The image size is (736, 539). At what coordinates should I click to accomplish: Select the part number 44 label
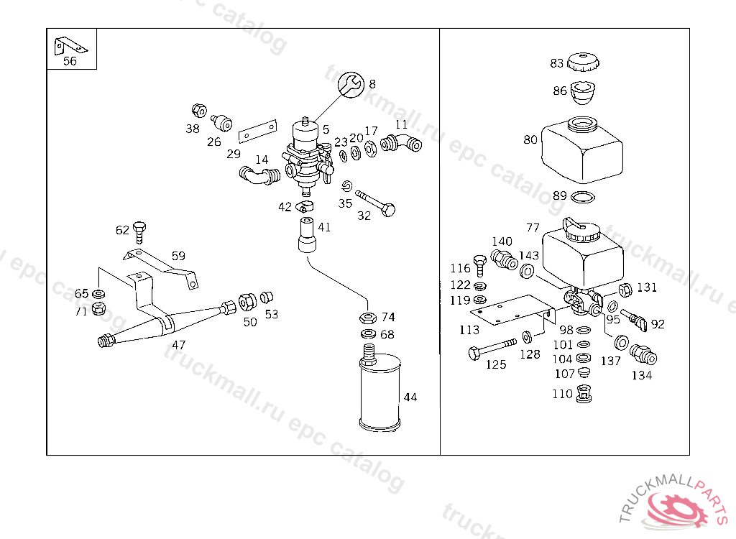pyautogui.click(x=410, y=397)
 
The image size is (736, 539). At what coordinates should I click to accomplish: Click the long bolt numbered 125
pyautogui.click(x=492, y=349)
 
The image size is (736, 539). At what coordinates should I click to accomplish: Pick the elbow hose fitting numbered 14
pyautogui.click(x=259, y=175)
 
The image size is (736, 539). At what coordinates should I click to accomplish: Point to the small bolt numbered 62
pyautogui.click(x=139, y=231)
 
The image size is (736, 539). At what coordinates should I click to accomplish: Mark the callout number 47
pyautogui.click(x=178, y=345)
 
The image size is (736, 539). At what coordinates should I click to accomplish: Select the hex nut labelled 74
pyautogui.click(x=367, y=318)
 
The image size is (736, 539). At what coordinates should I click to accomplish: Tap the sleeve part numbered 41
pyautogui.click(x=307, y=236)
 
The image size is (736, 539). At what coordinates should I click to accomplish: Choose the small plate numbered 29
pyautogui.click(x=257, y=132)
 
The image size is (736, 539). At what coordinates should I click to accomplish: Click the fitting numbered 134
pyautogui.click(x=642, y=354)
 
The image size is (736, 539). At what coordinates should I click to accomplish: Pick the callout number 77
pyautogui.click(x=533, y=228)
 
